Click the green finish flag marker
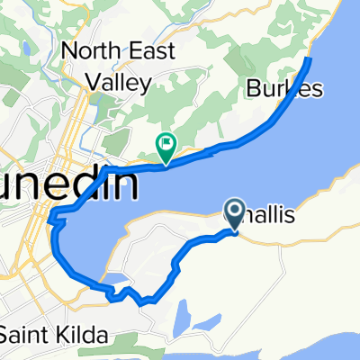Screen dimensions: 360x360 click(166, 143)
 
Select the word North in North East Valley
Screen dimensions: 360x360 click(84, 51)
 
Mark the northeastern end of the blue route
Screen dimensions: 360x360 click(310, 59)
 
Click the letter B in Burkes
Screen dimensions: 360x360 click(251, 89)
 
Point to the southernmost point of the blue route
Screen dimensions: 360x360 click(141, 303)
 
